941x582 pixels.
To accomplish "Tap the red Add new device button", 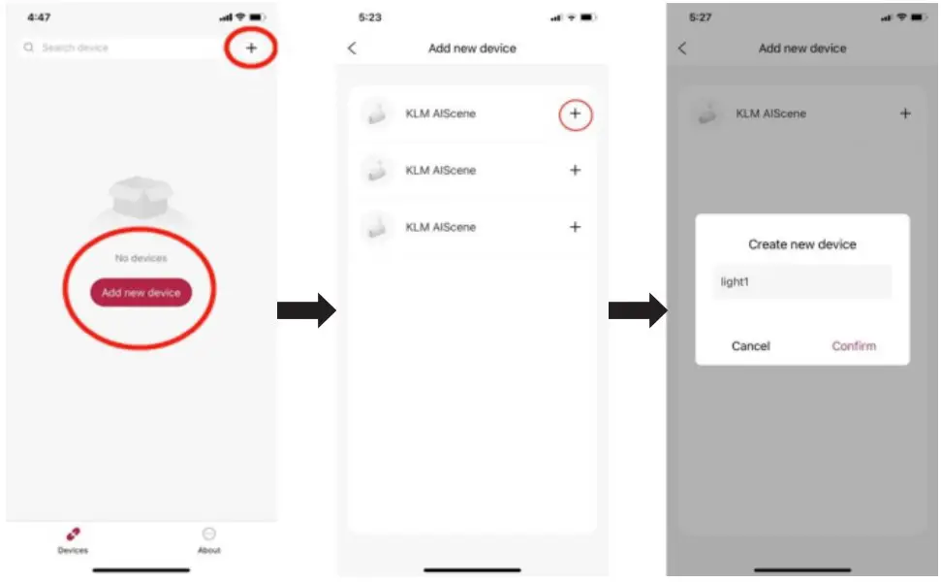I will tap(141, 292).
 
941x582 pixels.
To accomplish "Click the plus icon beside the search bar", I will tap(251, 48).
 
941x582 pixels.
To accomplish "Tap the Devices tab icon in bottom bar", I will tap(73, 534).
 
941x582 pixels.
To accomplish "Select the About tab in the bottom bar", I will tap(208, 534).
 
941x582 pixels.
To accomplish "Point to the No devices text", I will tap(141, 258).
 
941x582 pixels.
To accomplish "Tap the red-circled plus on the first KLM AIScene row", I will tap(575, 114).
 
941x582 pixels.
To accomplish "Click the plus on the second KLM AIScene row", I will tap(575, 171).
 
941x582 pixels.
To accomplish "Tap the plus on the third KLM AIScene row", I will tap(575, 227).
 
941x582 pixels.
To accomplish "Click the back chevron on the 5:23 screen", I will tap(352, 48).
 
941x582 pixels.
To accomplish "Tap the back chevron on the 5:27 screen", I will tap(682, 48).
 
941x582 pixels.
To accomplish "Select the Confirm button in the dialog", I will tap(854, 346).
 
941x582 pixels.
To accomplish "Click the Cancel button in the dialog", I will tap(751, 346).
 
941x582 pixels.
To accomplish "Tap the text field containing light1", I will tap(802, 282).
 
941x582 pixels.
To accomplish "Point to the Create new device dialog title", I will tap(802, 244).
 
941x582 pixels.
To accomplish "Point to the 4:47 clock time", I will tap(39, 17).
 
